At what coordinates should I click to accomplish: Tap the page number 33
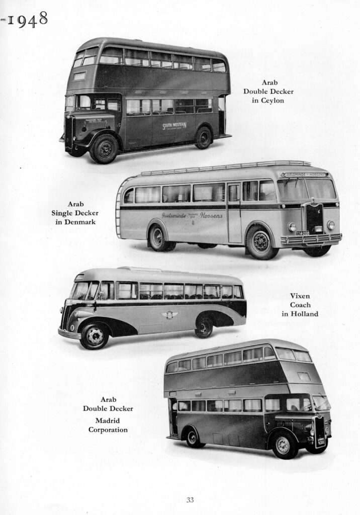coord(190,499)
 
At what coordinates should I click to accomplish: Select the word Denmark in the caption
coord(75,222)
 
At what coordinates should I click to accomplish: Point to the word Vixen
coord(300,296)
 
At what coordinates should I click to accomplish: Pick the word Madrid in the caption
coord(108,420)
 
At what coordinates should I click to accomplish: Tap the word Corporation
coord(108,430)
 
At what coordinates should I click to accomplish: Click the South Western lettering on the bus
coord(173,125)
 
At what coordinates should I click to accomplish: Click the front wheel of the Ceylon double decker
coord(104,148)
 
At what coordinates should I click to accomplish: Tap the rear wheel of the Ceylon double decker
coord(204,137)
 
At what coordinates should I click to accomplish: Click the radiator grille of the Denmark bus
coord(315,218)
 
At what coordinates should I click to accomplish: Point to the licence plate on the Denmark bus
coord(302,233)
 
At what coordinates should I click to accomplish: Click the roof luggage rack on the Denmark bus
coord(226,167)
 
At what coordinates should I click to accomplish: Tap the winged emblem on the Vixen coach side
coord(169,315)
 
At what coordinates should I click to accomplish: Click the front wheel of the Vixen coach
coord(94,335)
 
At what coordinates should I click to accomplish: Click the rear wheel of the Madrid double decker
coord(193,438)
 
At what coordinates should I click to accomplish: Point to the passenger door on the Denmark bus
coord(234,213)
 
